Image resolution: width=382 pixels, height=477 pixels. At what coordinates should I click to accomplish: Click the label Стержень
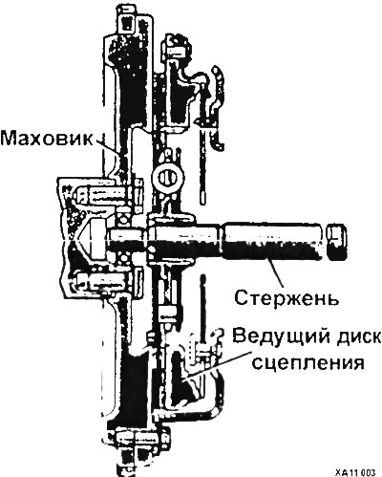pos(286,298)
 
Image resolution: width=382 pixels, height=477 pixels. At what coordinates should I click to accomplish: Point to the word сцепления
pos(308,362)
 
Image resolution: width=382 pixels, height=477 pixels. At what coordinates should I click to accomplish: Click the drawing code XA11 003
pos(355,471)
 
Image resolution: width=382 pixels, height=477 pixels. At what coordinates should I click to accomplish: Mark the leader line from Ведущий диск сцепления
pos(217,365)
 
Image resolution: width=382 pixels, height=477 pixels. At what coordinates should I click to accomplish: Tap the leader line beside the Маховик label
pos(109,147)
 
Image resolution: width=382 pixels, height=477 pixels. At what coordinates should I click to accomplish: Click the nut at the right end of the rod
pos(336,241)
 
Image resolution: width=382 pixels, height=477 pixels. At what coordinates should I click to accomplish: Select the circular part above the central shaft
pos(168,176)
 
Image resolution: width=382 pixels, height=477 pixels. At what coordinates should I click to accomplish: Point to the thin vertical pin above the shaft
pos(203,165)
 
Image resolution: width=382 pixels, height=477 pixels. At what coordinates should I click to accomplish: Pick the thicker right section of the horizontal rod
pos(272,240)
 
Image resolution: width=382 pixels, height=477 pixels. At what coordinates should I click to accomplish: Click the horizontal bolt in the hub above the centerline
pos(105,195)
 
